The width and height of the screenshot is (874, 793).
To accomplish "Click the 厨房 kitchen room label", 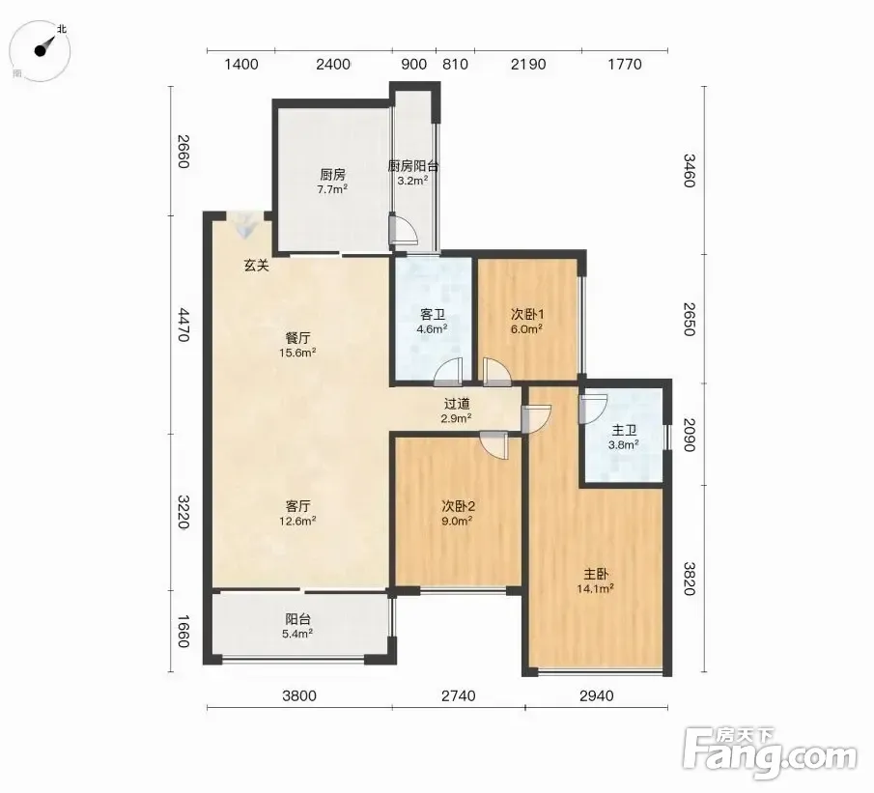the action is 333,175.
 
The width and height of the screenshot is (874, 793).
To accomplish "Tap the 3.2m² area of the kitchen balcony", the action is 412,181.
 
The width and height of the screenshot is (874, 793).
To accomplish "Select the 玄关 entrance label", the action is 256,266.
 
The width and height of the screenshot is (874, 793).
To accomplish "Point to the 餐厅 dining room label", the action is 297,338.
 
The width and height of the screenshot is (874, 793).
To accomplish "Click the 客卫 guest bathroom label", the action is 433,315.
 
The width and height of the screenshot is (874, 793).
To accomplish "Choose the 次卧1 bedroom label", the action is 527,315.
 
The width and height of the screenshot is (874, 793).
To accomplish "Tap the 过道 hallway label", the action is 457,404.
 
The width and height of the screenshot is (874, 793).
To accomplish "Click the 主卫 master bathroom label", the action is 624,431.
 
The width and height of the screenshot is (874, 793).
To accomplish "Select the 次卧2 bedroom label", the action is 458,506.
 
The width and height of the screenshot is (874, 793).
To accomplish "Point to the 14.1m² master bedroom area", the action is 595,588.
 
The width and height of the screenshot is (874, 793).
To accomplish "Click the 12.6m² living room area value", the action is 297,521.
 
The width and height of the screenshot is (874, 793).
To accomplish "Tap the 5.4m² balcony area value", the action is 297,634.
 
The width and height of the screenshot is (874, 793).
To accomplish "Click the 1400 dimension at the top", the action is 241,65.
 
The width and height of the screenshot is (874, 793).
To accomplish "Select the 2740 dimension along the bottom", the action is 458,696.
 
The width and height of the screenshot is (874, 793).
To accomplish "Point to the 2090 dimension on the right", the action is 690,435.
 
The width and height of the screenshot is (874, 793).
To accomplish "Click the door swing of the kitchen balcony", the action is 402,229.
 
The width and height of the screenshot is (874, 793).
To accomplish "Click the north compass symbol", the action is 41,50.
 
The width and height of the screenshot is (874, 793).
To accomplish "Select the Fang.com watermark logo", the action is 770,753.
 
